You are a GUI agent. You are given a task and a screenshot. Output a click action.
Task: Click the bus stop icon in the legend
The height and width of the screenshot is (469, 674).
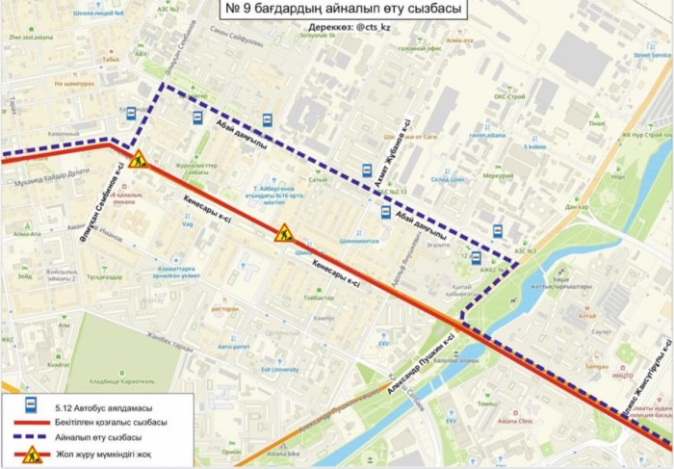[31, 406]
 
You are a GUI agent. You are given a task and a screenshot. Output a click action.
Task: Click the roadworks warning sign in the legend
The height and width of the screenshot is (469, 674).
[31, 454]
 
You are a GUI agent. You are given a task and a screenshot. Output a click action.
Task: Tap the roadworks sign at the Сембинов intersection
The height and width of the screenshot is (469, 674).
[137, 160]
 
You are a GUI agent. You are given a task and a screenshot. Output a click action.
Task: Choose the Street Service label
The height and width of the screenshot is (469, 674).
[652, 56]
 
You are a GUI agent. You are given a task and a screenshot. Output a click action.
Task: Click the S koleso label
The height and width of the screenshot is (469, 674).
[533, 146]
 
